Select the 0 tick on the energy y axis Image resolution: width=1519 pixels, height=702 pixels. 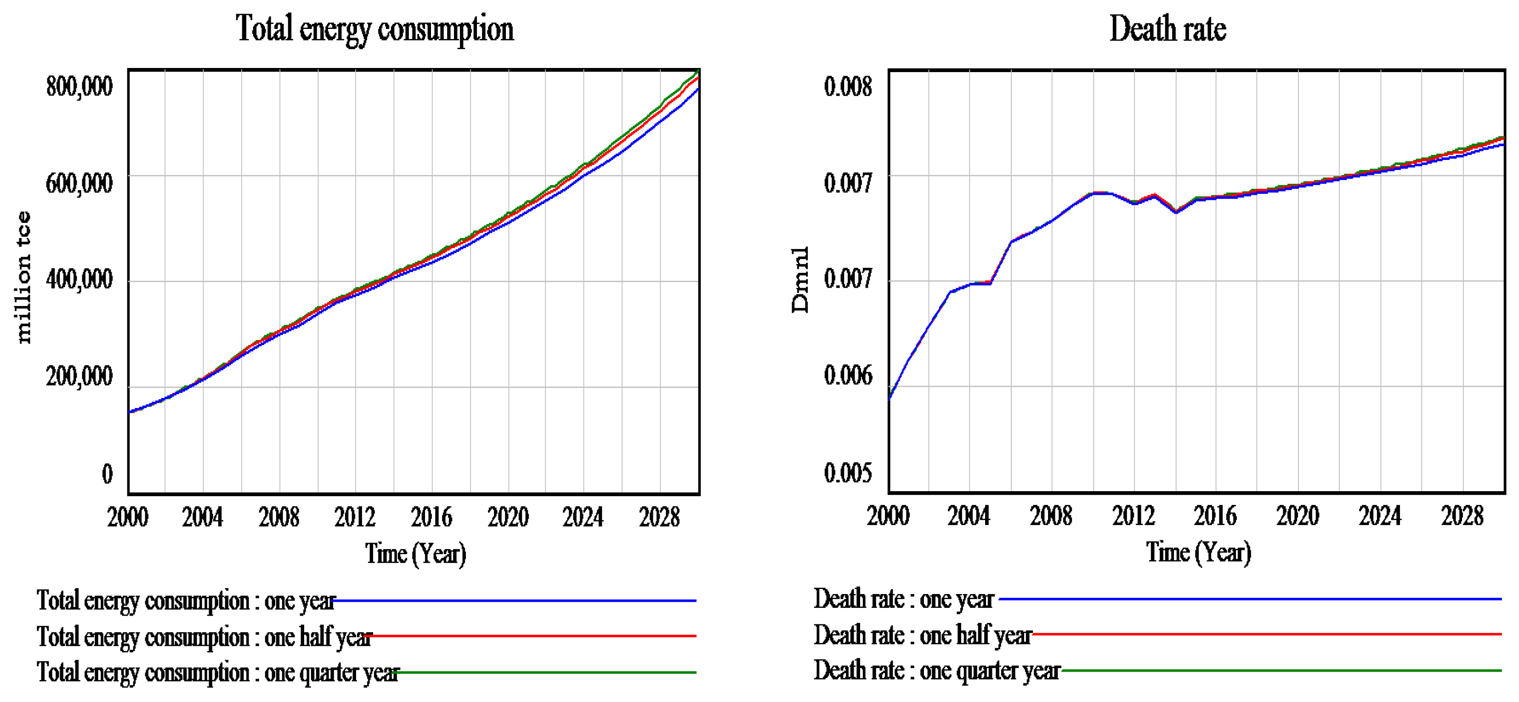click(107, 473)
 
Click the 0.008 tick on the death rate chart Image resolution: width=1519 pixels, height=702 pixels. click(847, 87)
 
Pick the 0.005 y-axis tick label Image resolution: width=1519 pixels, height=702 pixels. click(847, 472)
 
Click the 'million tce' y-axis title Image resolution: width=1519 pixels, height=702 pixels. click(23, 277)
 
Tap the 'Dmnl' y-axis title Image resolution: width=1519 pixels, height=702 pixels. click(800, 279)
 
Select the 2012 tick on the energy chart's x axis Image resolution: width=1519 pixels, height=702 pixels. click(354, 517)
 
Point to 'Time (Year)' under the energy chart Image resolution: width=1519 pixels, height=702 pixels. click(415, 554)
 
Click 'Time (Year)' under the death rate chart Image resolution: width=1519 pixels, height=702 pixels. click(1198, 552)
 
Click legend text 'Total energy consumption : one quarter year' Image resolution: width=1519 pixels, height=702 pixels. click(218, 673)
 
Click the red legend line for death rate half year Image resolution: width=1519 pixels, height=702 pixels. click(1268, 634)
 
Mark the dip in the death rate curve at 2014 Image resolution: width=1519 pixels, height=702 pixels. click(1176, 212)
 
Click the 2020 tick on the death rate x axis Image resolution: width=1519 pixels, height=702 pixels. click(1297, 516)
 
